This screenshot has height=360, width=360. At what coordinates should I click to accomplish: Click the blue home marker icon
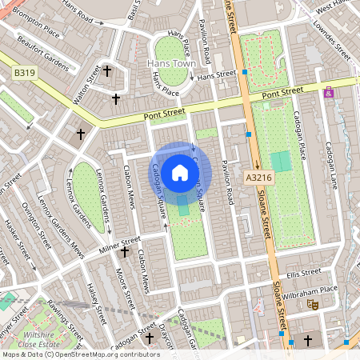(180, 172)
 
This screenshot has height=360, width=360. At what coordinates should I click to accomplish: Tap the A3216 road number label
(258, 178)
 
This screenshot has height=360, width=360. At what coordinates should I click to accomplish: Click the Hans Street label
(217, 74)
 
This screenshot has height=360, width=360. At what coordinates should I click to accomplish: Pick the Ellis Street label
(304, 274)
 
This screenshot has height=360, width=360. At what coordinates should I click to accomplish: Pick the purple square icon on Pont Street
(328, 93)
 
